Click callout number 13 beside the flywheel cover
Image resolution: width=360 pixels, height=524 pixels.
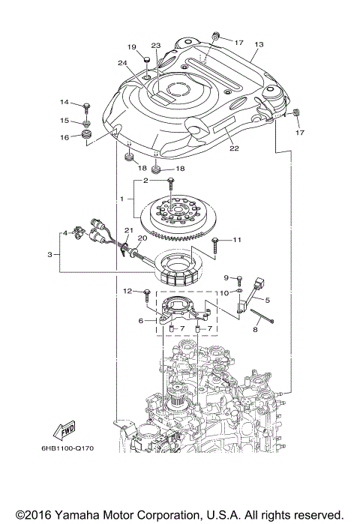point(258,45)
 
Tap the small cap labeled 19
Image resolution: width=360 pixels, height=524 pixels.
point(148,60)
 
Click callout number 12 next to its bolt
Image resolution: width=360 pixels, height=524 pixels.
point(127,290)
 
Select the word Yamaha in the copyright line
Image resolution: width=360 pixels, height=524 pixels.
point(81,516)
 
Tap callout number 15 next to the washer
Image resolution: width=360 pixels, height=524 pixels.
point(65,120)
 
